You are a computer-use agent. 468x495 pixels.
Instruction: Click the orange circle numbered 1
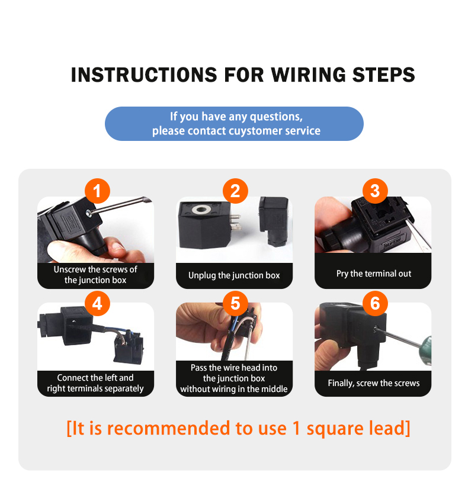click(x=97, y=191)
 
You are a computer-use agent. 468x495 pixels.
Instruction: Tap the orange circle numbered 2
click(x=235, y=191)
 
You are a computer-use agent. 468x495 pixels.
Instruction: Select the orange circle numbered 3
click(x=375, y=191)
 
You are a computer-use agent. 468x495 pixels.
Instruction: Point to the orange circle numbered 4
click(x=97, y=304)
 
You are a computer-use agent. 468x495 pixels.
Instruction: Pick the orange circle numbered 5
click(x=235, y=304)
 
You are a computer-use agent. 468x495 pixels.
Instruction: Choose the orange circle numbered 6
click(x=375, y=304)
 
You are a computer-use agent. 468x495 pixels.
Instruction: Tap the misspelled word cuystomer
click(x=255, y=131)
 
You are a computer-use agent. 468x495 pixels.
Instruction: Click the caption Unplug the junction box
click(x=234, y=275)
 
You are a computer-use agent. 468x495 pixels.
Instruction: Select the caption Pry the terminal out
click(x=374, y=274)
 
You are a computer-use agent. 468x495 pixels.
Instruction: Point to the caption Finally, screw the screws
click(x=374, y=383)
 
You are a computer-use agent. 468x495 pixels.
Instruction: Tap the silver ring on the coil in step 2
click(x=202, y=209)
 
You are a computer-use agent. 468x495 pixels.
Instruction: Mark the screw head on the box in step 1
click(x=88, y=213)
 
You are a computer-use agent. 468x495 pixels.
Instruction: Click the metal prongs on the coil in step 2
click(x=235, y=222)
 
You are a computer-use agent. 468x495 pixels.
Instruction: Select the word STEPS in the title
click(x=383, y=75)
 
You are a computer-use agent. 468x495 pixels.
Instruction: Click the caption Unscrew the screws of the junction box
click(x=95, y=275)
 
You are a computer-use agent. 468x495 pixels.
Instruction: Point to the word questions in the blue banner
click(x=276, y=117)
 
